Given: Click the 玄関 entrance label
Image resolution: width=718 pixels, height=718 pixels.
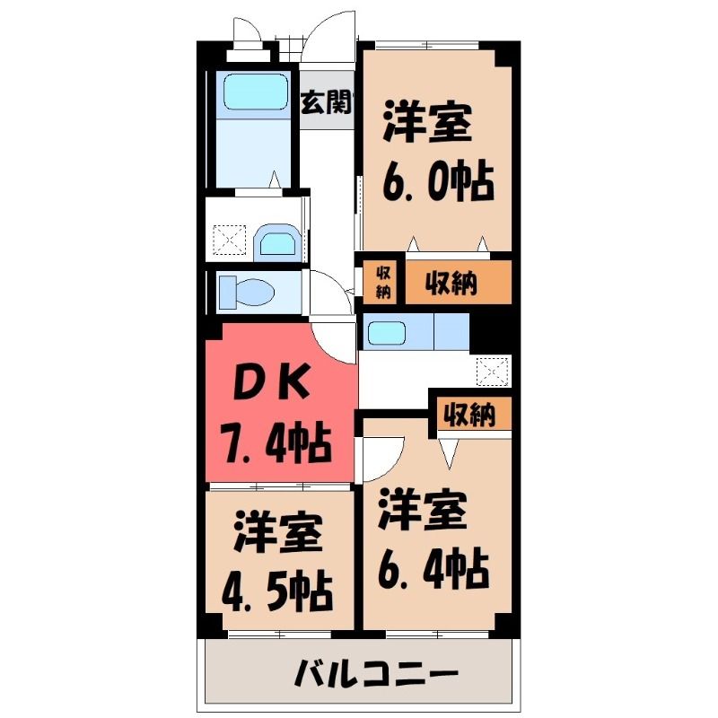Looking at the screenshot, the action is [326, 102].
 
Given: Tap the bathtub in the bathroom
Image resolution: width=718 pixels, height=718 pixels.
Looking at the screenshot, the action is [256, 92].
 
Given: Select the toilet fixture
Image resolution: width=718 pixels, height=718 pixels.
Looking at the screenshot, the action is [246, 291].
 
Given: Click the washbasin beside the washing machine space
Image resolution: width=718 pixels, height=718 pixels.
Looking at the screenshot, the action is [276, 240].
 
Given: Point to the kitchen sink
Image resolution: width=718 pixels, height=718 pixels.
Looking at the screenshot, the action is [387, 333].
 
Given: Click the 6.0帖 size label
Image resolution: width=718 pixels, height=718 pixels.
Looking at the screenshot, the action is [438, 182].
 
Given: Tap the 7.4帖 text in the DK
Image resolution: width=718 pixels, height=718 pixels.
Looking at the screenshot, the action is [276, 442].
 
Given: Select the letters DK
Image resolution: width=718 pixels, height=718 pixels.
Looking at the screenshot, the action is [271, 381].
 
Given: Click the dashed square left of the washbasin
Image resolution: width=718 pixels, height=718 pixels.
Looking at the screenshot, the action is [230, 240].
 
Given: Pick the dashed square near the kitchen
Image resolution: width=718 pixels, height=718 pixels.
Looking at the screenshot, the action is [492, 372].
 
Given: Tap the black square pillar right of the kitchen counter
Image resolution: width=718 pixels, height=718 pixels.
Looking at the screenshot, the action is [490, 332].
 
